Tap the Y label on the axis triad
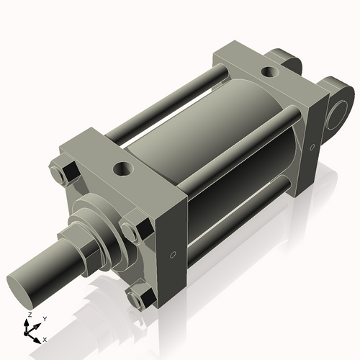click(x=44, y=318)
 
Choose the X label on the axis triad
click(x=45, y=338)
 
